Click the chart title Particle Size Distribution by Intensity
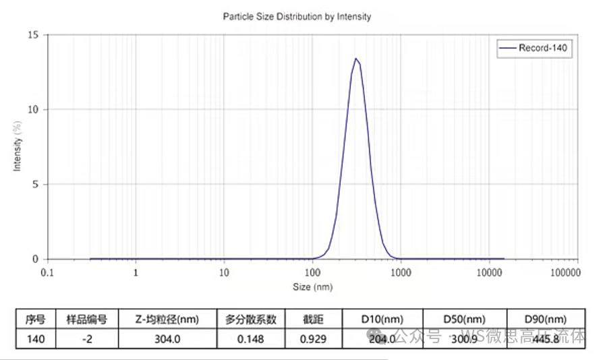[297, 17]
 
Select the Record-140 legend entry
[535, 48]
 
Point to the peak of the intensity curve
[355, 59]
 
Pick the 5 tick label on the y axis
[36, 184]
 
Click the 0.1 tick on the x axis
[47, 272]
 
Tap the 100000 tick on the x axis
[565, 272]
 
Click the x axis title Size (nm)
[312, 287]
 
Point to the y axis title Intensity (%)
[18, 146]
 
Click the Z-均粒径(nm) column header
[167, 319]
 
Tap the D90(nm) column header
[546, 319]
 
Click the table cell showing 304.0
[167, 339]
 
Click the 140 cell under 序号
[35, 339]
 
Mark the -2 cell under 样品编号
[86, 339]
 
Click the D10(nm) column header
[382, 319]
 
